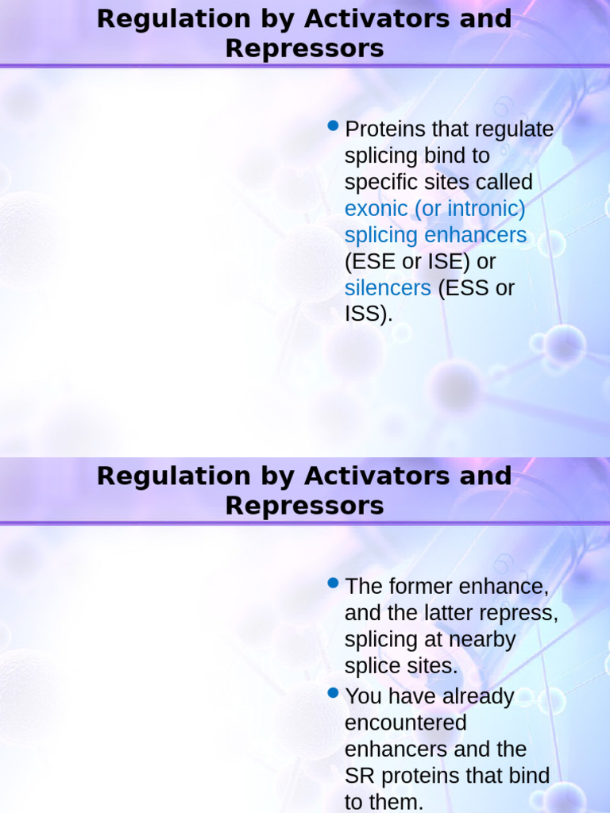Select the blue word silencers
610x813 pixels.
tap(388, 288)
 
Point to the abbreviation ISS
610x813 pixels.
tap(365, 314)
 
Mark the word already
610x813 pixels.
tap(477, 696)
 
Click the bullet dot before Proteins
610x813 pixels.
tap(334, 126)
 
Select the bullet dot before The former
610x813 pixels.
tap(334, 584)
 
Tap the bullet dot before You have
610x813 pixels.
tap(334, 693)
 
